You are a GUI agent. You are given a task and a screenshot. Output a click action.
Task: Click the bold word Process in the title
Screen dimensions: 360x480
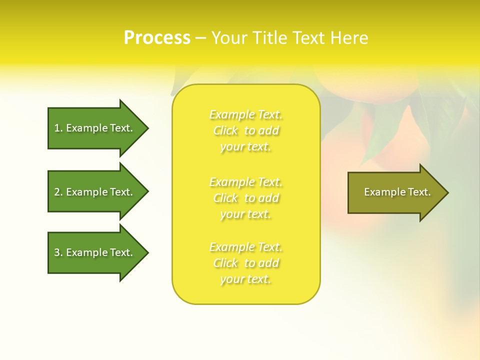[157, 38]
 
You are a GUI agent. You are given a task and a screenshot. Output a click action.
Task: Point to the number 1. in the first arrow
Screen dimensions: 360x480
[58, 128]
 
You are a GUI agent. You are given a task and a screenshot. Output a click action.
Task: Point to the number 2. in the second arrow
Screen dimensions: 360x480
[58, 192]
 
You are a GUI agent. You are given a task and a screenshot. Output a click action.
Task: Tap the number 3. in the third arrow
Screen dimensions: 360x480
[58, 252]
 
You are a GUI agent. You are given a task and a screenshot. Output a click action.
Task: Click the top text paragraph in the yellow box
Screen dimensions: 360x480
[246, 130]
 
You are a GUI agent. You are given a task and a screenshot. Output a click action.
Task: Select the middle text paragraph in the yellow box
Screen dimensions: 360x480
[246, 198]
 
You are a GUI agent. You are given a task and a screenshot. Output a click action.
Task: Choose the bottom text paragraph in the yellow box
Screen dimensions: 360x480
[246, 263]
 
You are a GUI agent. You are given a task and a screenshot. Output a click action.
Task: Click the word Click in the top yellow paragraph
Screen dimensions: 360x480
[225, 131]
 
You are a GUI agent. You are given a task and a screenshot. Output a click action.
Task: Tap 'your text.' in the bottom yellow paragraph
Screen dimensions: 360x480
[245, 279]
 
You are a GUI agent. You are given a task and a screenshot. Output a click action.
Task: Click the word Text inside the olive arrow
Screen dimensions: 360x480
[419, 192]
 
